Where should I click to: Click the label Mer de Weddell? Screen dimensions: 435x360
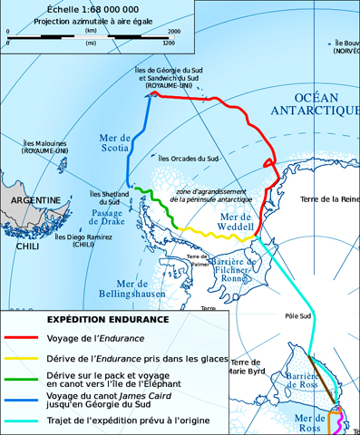pos(232,224)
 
